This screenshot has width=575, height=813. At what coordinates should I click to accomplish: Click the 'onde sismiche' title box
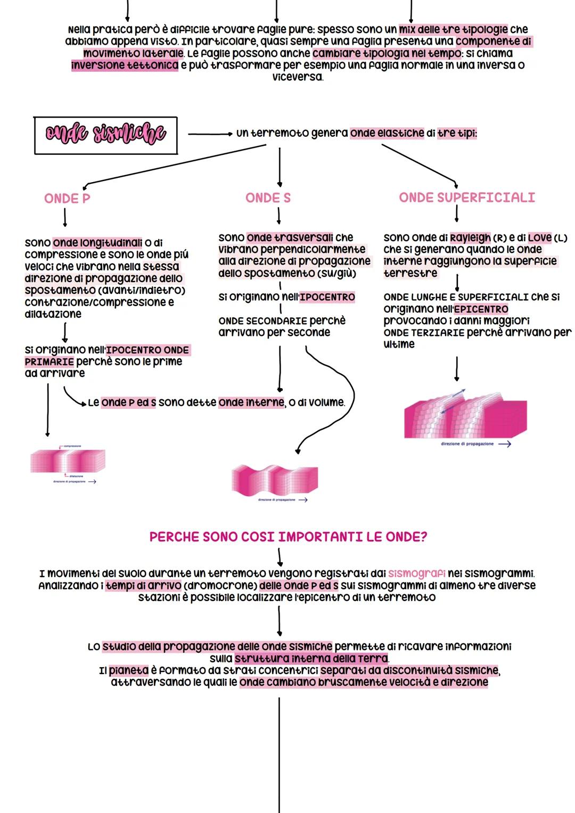pyautogui.click(x=105, y=135)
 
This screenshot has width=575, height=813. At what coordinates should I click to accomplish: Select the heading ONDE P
pyautogui.click(x=67, y=199)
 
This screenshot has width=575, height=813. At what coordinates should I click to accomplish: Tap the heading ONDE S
pyautogui.click(x=268, y=198)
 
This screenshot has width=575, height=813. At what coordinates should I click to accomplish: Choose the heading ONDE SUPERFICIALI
pyautogui.click(x=467, y=198)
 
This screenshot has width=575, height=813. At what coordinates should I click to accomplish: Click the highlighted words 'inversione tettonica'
pyautogui.click(x=125, y=65)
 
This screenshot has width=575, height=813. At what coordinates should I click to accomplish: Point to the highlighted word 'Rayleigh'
pyautogui.click(x=470, y=237)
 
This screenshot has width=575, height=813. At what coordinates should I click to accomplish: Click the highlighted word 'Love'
pyautogui.click(x=540, y=237)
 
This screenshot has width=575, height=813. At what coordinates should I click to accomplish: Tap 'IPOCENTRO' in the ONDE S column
pyautogui.click(x=327, y=297)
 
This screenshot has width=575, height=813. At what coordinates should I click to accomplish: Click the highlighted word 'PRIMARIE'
pyautogui.click(x=49, y=362)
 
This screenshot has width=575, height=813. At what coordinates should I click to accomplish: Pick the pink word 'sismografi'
pyautogui.click(x=417, y=573)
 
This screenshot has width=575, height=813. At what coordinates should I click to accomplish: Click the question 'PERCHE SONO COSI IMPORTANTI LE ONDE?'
pyautogui.click(x=288, y=537)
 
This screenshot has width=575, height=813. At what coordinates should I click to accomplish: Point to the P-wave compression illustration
pyautogui.click(x=68, y=461)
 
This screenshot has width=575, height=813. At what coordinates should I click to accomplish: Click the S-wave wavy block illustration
pyautogui.click(x=275, y=479)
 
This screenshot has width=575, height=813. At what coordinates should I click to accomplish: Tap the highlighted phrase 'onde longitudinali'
pyautogui.click(x=97, y=243)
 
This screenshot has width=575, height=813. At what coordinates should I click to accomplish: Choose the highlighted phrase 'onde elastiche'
pyautogui.click(x=387, y=133)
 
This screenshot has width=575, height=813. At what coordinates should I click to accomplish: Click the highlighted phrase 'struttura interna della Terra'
pyautogui.click(x=311, y=659)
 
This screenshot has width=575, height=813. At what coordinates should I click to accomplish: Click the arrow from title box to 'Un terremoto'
pyautogui.click(x=210, y=134)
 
